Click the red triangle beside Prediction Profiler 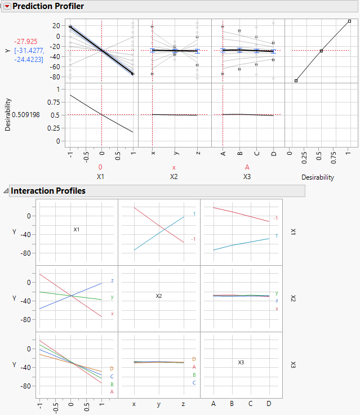[x=7, y=6]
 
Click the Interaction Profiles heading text [x=48, y=191]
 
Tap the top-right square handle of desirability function [x=349, y=21]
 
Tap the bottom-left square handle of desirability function [x=296, y=81]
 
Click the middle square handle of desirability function [x=321, y=51]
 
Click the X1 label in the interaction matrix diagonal [x=77, y=230]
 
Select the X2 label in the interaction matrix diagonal [x=159, y=296]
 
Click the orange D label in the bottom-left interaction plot [x=112, y=369]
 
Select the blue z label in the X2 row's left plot [x=112, y=280]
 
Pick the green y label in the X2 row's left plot [x=112, y=297]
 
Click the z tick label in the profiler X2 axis [x=198, y=152]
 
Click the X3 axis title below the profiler [x=247, y=177]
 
